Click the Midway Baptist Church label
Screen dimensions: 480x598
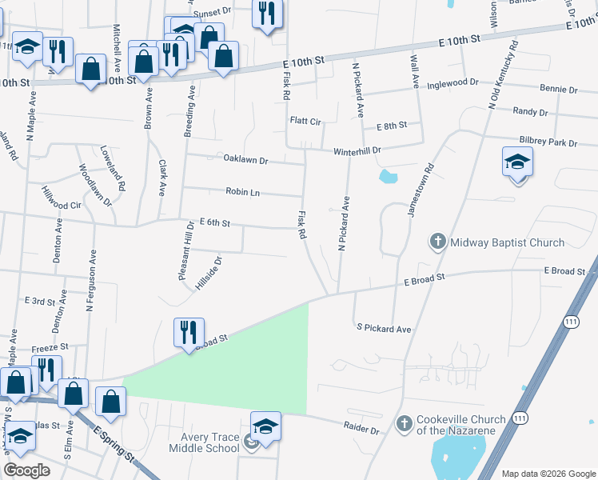(x=507, y=242)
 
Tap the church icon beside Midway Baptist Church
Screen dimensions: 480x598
(x=437, y=241)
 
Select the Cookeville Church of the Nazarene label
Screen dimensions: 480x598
(x=460, y=425)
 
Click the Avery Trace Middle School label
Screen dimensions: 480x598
(x=204, y=442)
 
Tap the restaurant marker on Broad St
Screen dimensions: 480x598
(x=189, y=332)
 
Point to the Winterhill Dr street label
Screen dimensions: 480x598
(x=357, y=150)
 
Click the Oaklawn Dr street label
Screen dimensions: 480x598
(x=245, y=160)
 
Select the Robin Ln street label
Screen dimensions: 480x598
(x=243, y=192)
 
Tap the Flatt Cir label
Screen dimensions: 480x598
(x=305, y=122)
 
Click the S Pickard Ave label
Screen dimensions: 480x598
(x=384, y=328)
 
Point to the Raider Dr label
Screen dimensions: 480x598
(x=362, y=430)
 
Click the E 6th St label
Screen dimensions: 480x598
(x=214, y=223)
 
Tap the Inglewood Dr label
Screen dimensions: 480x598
(x=452, y=83)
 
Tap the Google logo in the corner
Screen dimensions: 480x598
(x=27, y=470)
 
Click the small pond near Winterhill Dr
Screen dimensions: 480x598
(x=388, y=175)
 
